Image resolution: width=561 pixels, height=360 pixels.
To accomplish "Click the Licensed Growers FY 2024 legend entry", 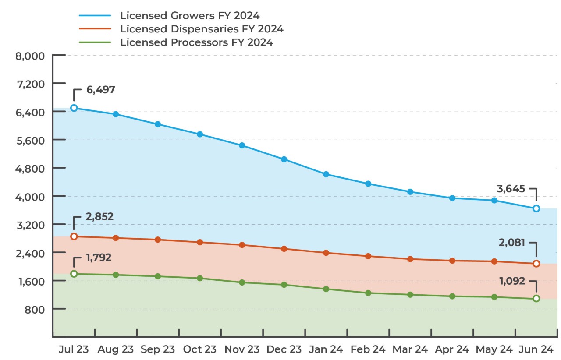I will pyautogui.click(x=190, y=15).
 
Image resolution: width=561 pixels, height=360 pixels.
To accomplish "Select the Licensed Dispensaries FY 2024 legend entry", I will pyautogui.click(x=202, y=29).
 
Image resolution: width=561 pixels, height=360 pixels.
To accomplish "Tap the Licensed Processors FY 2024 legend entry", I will pyautogui.click(x=196, y=42).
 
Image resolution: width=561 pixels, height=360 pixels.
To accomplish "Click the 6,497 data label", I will pyautogui.click(x=101, y=90).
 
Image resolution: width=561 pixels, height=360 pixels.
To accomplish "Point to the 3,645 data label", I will pyautogui.click(x=511, y=189).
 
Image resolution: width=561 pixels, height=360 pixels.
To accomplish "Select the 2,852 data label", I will pyautogui.click(x=99, y=216).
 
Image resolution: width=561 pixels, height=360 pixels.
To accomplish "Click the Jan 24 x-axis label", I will pyautogui.click(x=326, y=349).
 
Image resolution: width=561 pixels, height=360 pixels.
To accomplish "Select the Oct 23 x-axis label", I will pyautogui.click(x=199, y=349).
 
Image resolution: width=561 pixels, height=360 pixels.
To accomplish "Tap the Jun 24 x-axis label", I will pyautogui.click(x=536, y=349).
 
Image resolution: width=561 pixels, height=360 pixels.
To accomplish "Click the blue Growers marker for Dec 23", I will pyautogui.click(x=284, y=159).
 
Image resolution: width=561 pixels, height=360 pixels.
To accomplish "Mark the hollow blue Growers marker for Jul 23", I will pyautogui.click(x=74, y=108).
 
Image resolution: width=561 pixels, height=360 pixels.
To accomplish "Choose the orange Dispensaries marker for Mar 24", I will pyautogui.click(x=410, y=259).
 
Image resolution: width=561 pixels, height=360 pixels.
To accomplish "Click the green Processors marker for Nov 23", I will pyautogui.click(x=242, y=282).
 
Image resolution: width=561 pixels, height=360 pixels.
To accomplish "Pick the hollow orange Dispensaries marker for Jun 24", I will pyautogui.click(x=536, y=264).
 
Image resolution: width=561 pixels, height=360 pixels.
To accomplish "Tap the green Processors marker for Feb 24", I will pyautogui.click(x=368, y=293).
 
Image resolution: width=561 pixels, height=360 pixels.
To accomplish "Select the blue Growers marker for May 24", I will pyautogui.click(x=494, y=200).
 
